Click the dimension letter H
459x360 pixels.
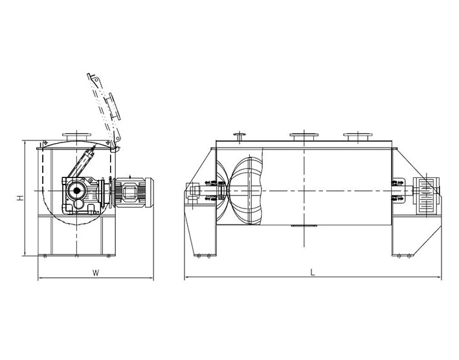(x=20, y=198)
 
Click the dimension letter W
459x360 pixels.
(x=96, y=273)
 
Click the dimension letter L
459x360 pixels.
(x=313, y=273)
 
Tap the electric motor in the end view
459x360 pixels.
(x=133, y=192)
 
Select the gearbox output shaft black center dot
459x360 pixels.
(x=76, y=191)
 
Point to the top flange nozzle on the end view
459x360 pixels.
(x=76, y=137)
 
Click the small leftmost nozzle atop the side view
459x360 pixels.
(x=240, y=137)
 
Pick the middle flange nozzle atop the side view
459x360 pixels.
(x=304, y=137)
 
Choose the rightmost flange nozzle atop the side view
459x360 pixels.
(x=358, y=137)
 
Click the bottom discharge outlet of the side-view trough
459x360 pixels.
(x=304, y=226)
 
